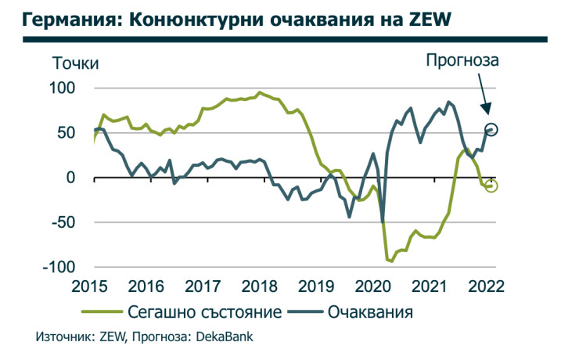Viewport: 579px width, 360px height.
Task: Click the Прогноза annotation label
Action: tap(462, 59)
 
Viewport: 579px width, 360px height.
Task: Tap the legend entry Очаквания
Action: tap(370, 312)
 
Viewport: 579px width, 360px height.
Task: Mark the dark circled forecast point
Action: tap(491, 129)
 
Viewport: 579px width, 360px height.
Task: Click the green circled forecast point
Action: tap(491, 185)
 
